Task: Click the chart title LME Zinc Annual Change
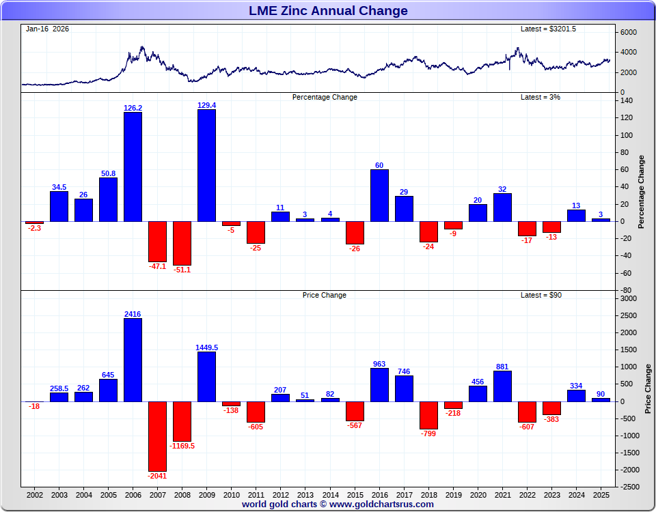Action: pos(328,11)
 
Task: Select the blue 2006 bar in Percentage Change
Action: pos(133,167)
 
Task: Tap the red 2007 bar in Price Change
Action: pos(157,436)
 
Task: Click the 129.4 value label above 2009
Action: pos(206,105)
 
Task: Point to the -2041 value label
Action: pos(157,476)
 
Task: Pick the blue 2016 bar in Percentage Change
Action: pos(379,195)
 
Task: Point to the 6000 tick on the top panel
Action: pos(629,32)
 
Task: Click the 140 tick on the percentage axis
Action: pos(627,100)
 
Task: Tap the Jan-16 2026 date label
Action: pos(47,29)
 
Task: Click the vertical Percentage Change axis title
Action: pos(642,192)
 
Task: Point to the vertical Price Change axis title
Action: pos(648,388)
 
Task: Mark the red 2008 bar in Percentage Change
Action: pos(182,243)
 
